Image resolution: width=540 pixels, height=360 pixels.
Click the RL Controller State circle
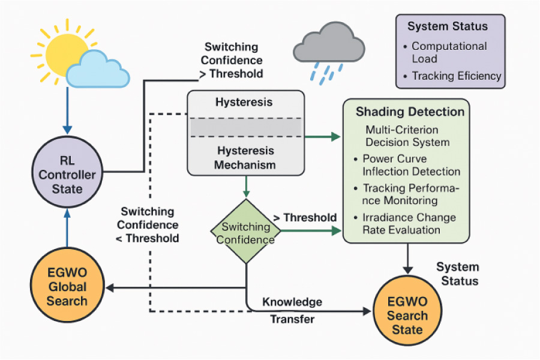pyautogui.click(x=67, y=175)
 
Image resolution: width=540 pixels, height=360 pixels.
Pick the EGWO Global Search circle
pyautogui.click(x=67, y=286)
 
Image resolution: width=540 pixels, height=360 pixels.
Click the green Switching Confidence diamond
pyautogui.click(x=246, y=233)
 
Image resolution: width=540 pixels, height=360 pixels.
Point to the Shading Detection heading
pyautogui.click(x=410, y=112)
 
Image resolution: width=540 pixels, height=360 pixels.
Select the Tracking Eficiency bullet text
pyautogui.click(x=456, y=76)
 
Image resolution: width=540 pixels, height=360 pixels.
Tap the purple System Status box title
pyautogui.click(x=448, y=26)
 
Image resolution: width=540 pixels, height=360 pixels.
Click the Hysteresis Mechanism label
pyautogui.click(x=246, y=158)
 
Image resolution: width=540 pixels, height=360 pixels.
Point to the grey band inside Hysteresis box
pyautogui.click(x=246, y=127)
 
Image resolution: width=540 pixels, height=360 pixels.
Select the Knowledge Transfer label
pyautogui.click(x=292, y=310)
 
